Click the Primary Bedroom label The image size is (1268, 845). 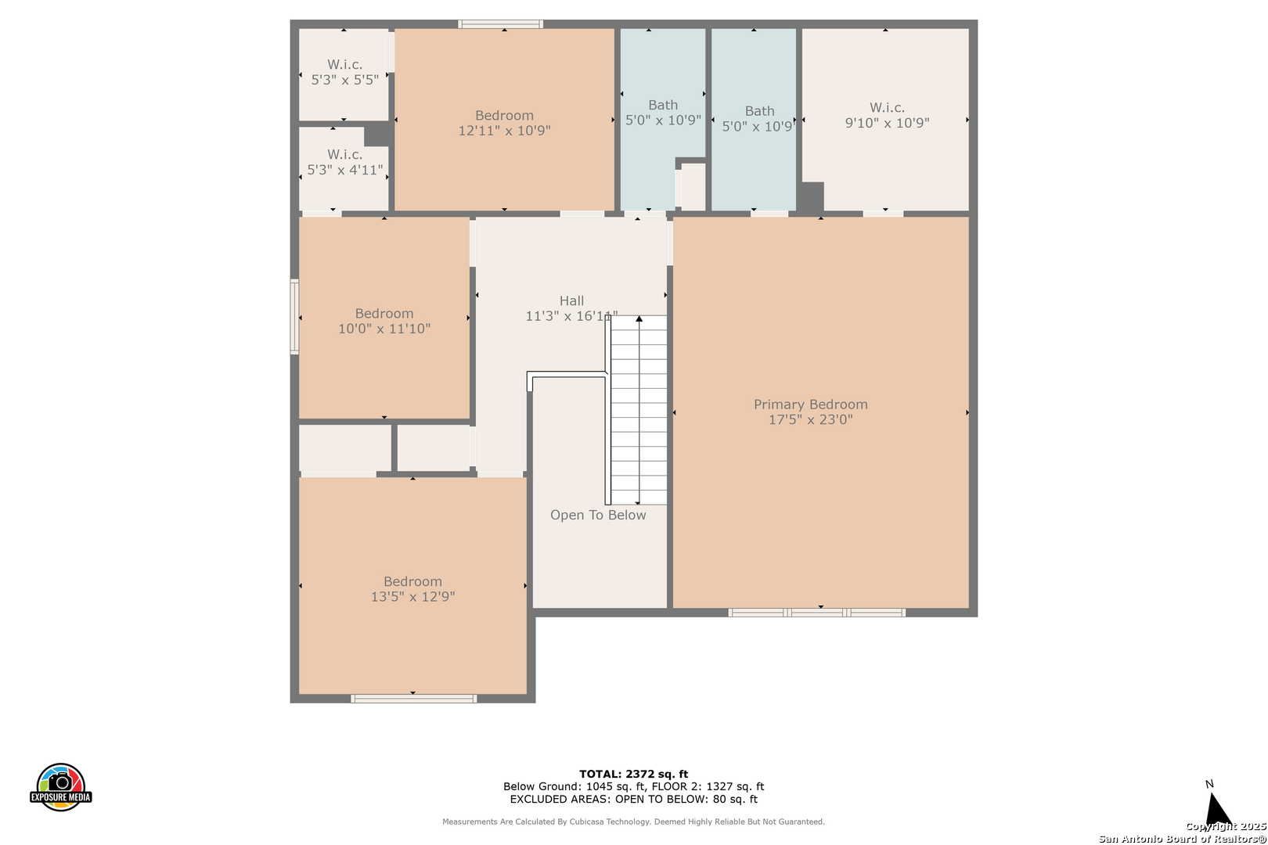[x=810, y=405]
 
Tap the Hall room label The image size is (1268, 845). [x=571, y=301]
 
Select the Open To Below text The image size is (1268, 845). [x=598, y=515]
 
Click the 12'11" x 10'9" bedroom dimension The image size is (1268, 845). [x=504, y=131]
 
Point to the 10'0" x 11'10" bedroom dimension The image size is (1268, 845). [x=384, y=329]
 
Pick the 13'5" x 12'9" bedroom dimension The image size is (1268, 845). [x=412, y=596]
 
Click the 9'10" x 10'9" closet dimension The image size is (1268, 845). [x=887, y=123]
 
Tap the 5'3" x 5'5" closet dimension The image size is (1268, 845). [x=344, y=80]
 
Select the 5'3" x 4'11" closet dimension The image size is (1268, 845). [x=344, y=170]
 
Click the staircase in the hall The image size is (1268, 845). [x=639, y=410]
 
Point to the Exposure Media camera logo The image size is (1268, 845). [x=60, y=786]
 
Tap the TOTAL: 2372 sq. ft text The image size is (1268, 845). [x=633, y=774]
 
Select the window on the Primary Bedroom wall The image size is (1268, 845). [x=816, y=613]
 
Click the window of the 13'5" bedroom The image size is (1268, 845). [x=414, y=699]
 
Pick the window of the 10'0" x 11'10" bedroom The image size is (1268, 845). [x=294, y=316]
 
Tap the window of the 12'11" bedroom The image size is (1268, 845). [x=500, y=23]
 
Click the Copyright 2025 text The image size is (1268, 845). [x=1226, y=826]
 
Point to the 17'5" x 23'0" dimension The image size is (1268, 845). [x=810, y=419]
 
